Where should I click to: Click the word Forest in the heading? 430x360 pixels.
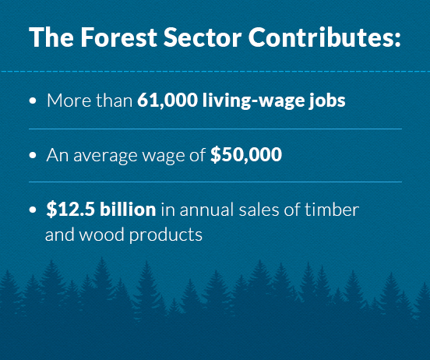(118, 37)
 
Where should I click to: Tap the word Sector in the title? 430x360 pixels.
(203, 37)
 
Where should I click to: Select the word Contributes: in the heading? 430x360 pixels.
(324, 37)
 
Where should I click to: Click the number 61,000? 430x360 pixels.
(167, 101)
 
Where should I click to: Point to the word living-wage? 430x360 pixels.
(253, 101)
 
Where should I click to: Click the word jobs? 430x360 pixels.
(327, 101)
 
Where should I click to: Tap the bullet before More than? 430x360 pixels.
(33, 101)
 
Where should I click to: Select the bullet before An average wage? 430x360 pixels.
(33, 155)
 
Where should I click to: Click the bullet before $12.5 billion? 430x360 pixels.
(33, 210)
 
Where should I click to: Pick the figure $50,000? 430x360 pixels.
(246, 154)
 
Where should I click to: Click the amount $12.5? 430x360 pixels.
(71, 210)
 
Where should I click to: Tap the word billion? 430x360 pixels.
(128, 209)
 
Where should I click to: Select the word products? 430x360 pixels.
(166, 235)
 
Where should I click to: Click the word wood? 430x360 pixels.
(101, 235)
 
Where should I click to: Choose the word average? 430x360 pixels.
(105, 156)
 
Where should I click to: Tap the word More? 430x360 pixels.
(69, 101)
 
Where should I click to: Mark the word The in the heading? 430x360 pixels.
(51, 37)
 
